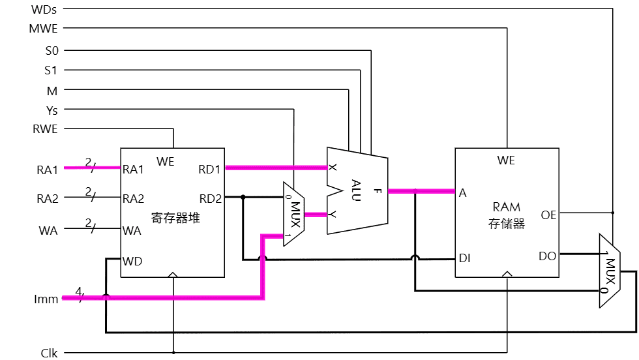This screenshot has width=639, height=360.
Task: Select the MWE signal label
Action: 44,29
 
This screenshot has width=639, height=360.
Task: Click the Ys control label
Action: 52,110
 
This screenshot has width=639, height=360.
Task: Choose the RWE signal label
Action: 44,129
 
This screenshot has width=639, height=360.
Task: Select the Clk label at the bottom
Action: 49,353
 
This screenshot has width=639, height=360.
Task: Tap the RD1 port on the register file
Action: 211,170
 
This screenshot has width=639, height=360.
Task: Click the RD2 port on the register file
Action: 211,198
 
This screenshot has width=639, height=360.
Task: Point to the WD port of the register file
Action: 133,261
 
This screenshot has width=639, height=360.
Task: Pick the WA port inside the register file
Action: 132,230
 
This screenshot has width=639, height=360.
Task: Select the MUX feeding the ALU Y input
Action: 293,213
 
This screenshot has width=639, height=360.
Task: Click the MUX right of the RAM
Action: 610,270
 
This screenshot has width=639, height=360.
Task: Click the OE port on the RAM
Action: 548,214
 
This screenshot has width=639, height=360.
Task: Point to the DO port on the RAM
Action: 548,256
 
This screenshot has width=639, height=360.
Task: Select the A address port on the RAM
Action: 462,193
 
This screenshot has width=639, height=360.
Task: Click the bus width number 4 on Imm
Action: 78,291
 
